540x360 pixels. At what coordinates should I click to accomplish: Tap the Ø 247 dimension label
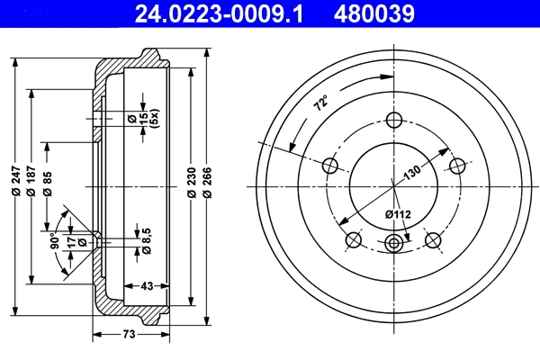[x=16, y=186]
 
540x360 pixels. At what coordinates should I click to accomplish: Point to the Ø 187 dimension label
[x=32, y=186]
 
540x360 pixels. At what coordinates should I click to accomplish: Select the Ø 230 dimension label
[x=191, y=186]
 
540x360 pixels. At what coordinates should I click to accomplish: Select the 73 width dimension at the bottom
[x=129, y=335]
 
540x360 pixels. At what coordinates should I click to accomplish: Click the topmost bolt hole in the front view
[x=393, y=120]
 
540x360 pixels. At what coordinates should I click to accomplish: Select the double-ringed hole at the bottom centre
[x=393, y=242]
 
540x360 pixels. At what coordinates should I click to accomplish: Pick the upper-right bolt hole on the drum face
[x=457, y=166]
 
